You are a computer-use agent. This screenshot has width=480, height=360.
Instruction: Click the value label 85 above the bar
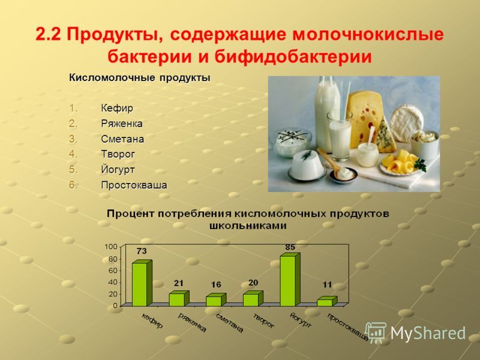[x=290, y=247]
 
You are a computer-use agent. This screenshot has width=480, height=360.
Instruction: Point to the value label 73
[x=142, y=251]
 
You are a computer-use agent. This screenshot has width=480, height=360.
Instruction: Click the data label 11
[x=327, y=284]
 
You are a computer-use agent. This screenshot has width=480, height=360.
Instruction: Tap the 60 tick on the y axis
[x=112, y=271]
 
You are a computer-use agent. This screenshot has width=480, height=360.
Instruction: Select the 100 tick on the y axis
[x=111, y=247]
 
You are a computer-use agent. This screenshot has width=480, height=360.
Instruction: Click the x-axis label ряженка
[x=192, y=322]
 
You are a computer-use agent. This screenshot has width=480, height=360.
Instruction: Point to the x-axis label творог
[x=263, y=320]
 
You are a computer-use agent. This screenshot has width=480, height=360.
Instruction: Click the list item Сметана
[x=122, y=139]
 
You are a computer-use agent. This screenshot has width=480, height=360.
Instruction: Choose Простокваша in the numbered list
[x=134, y=185]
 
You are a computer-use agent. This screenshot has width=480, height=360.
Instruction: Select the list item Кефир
[x=117, y=108]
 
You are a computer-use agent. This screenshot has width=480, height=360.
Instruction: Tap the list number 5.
[x=73, y=169]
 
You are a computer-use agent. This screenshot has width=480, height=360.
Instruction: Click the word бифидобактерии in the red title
[x=293, y=56]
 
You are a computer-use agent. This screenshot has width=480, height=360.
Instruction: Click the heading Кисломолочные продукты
[x=140, y=78]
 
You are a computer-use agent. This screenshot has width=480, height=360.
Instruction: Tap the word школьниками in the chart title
[x=248, y=226]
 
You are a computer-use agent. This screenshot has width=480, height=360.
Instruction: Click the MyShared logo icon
[x=376, y=332]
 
